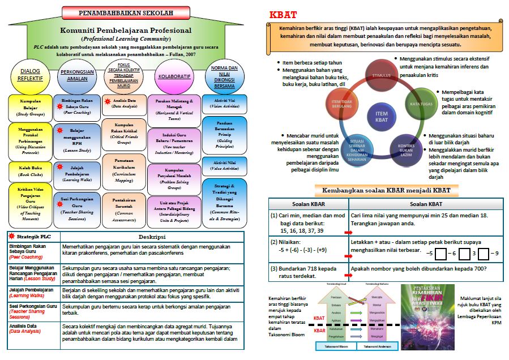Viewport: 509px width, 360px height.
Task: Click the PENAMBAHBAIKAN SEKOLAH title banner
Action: point(125,12)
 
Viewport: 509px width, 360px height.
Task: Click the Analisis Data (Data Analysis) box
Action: point(124,103)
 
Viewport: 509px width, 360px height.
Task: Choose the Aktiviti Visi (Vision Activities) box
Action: point(224,102)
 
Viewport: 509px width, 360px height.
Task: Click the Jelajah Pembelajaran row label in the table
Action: point(32,293)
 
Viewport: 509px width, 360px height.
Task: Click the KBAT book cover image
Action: point(427,317)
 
